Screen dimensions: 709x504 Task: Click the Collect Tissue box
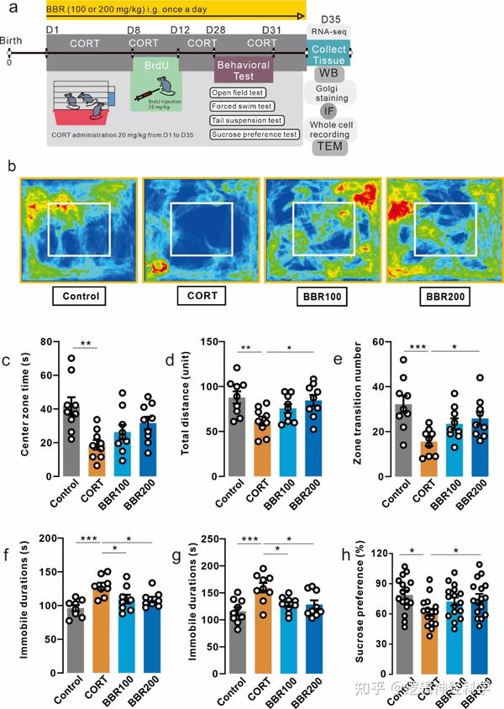click(x=328, y=55)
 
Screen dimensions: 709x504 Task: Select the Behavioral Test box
click(x=243, y=71)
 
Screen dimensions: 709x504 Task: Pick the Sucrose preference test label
click(x=254, y=134)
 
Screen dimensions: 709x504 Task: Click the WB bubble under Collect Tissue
click(x=328, y=74)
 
